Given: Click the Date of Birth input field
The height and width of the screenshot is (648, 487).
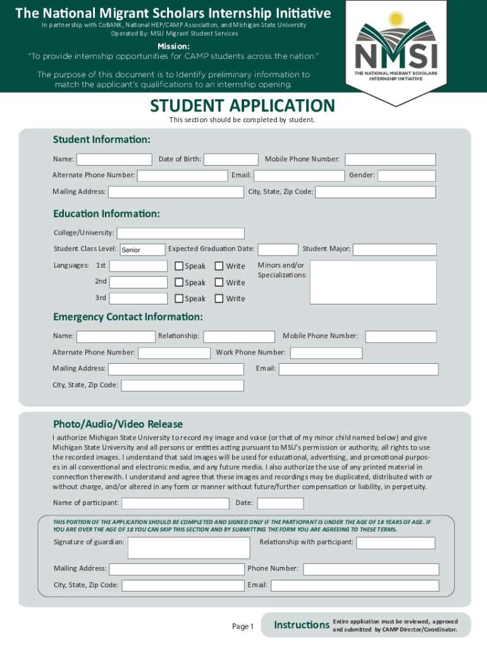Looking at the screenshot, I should (x=230, y=159).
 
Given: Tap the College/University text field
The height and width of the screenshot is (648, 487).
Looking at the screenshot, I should (x=181, y=234).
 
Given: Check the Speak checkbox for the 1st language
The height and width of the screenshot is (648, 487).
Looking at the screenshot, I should (x=179, y=266).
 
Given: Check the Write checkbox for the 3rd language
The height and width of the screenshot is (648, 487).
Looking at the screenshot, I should (x=219, y=299).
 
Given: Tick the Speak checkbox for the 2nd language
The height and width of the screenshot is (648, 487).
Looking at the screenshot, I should (x=179, y=282).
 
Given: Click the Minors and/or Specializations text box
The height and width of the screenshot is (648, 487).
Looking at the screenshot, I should (x=373, y=282).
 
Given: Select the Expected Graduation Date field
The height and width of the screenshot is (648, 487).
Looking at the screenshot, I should (x=278, y=250).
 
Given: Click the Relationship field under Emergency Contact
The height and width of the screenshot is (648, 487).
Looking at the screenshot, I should (x=238, y=337).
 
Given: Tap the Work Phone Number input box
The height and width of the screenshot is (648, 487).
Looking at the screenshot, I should (x=326, y=352).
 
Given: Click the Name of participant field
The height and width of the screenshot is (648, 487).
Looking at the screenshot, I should (x=175, y=503).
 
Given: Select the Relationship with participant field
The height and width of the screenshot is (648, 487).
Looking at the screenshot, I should (x=395, y=543).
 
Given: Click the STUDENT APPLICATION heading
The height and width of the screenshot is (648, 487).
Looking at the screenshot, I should (x=242, y=106).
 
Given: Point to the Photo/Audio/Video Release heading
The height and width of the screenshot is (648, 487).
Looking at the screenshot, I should (x=118, y=424).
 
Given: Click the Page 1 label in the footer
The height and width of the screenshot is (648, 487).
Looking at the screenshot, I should (x=243, y=626).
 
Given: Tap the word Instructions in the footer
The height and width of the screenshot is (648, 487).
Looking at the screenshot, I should (x=302, y=625).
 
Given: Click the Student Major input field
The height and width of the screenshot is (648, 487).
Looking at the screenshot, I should (x=394, y=250).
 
